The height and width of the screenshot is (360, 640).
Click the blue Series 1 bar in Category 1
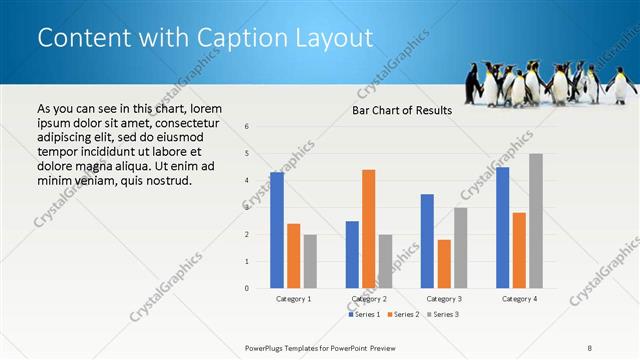pos(277,230)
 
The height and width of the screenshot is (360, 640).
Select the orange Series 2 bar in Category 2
pos(369,229)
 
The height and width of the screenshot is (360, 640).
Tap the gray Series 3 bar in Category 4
pos(536,221)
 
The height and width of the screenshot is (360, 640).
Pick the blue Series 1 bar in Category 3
pos(428,241)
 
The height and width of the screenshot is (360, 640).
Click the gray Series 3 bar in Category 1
pos(310,261)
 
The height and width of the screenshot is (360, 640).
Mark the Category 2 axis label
pos(369,299)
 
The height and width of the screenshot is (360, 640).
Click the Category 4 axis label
pos(519,299)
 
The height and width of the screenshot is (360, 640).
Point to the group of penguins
pos(549,83)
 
